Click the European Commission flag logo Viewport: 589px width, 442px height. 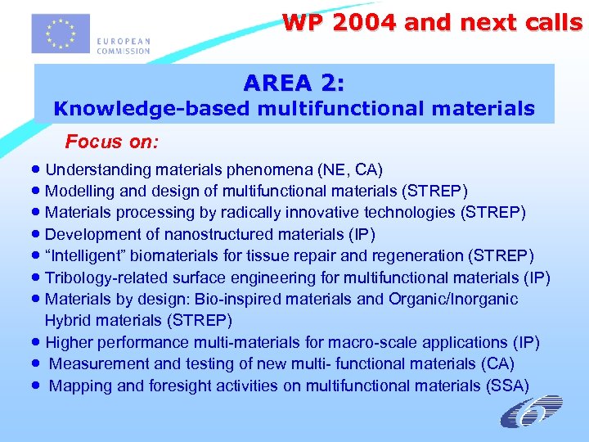[60, 33]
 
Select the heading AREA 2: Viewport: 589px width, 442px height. [294, 83]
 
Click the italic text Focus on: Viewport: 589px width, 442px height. [112, 142]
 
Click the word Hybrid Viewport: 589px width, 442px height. [68, 321]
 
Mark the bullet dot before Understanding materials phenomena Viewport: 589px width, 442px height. [38, 170]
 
